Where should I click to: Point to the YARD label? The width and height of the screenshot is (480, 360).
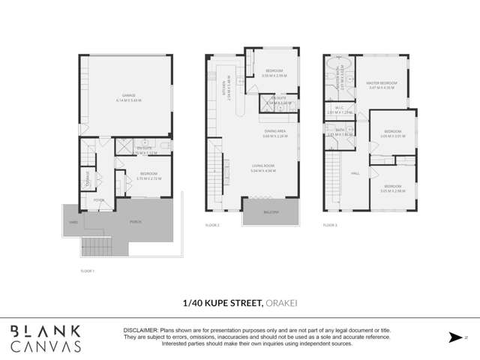point(73,222)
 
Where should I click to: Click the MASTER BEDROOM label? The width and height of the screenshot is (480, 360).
point(381,83)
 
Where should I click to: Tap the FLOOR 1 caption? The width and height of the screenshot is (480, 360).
point(88,269)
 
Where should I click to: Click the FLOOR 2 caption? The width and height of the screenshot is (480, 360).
point(211,225)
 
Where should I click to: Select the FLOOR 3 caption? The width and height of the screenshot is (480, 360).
point(330,225)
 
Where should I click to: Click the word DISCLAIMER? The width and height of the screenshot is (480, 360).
point(139,331)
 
